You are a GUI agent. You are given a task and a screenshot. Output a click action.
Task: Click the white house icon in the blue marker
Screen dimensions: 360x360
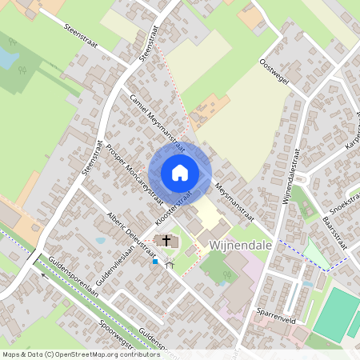(x=180, y=172)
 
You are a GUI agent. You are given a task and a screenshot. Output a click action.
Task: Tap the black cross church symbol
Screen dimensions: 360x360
(x=166, y=240)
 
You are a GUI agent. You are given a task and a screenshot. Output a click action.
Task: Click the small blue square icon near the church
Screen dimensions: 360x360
(x=154, y=260)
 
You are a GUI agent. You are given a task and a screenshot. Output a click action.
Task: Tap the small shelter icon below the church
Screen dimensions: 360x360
(x=169, y=264)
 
